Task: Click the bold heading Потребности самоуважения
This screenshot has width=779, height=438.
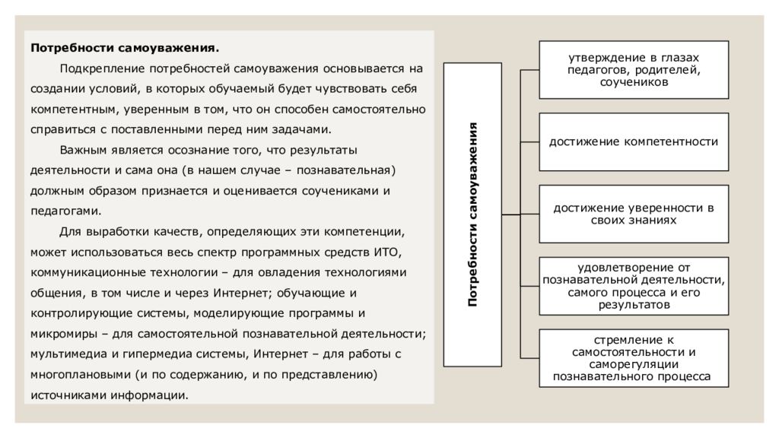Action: (x=125, y=48)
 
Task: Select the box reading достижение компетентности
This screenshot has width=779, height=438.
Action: (x=634, y=142)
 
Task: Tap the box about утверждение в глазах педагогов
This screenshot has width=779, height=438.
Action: (x=634, y=70)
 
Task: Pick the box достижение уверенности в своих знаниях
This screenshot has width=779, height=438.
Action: (x=634, y=214)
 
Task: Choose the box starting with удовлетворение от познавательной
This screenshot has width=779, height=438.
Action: (x=634, y=286)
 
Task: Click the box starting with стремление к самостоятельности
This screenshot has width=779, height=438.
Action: (x=634, y=358)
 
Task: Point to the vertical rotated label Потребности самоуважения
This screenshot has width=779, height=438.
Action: (x=472, y=214)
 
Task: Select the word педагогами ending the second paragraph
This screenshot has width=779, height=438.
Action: (x=65, y=211)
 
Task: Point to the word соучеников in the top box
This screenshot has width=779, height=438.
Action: (x=634, y=82)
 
